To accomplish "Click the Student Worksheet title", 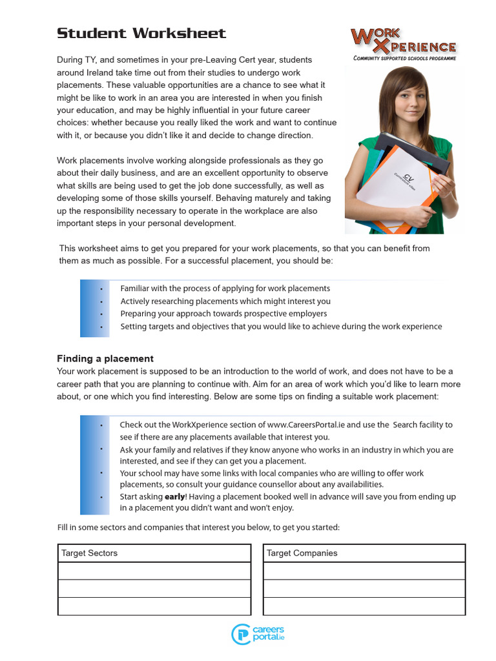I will (x=141, y=34).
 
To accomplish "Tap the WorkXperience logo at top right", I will (x=404, y=41).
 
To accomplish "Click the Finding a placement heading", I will (x=105, y=358).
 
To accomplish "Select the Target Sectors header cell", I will (x=154, y=553).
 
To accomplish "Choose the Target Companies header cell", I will (x=364, y=553).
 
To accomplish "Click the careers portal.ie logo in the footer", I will (x=258, y=634).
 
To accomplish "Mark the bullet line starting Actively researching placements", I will (x=225, y=301).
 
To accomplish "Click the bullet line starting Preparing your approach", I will (x=223, y=314).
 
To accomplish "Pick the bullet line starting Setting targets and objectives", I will (x=281, y=327).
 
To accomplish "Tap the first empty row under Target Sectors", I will (x=154, y=571).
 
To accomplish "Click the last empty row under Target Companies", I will (x=364, y=606).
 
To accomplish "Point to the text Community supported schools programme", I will (x=404, y=58).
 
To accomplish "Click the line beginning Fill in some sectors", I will (x=198, y=528).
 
